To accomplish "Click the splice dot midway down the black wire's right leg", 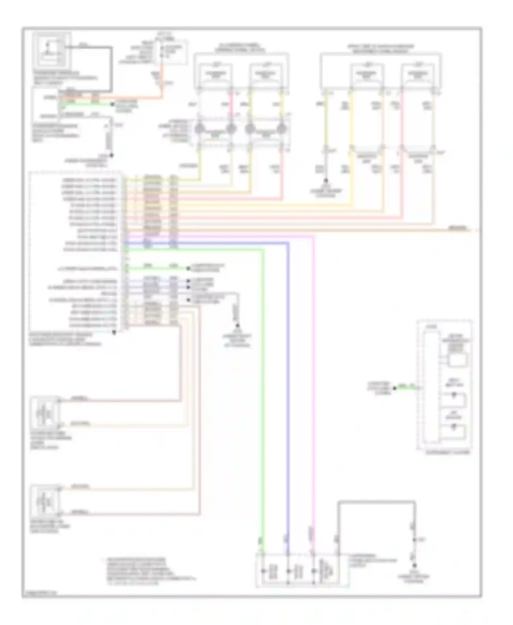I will coord(414,540).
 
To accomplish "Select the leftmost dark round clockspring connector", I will coord(199,129).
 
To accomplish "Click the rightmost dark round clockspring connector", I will coord(281,129).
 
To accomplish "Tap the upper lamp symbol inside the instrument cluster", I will coord(454,395).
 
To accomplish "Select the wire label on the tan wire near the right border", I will coord(458,228).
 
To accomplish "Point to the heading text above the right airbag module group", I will coord(381,48).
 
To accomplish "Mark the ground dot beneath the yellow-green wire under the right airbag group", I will coord(326,181).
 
